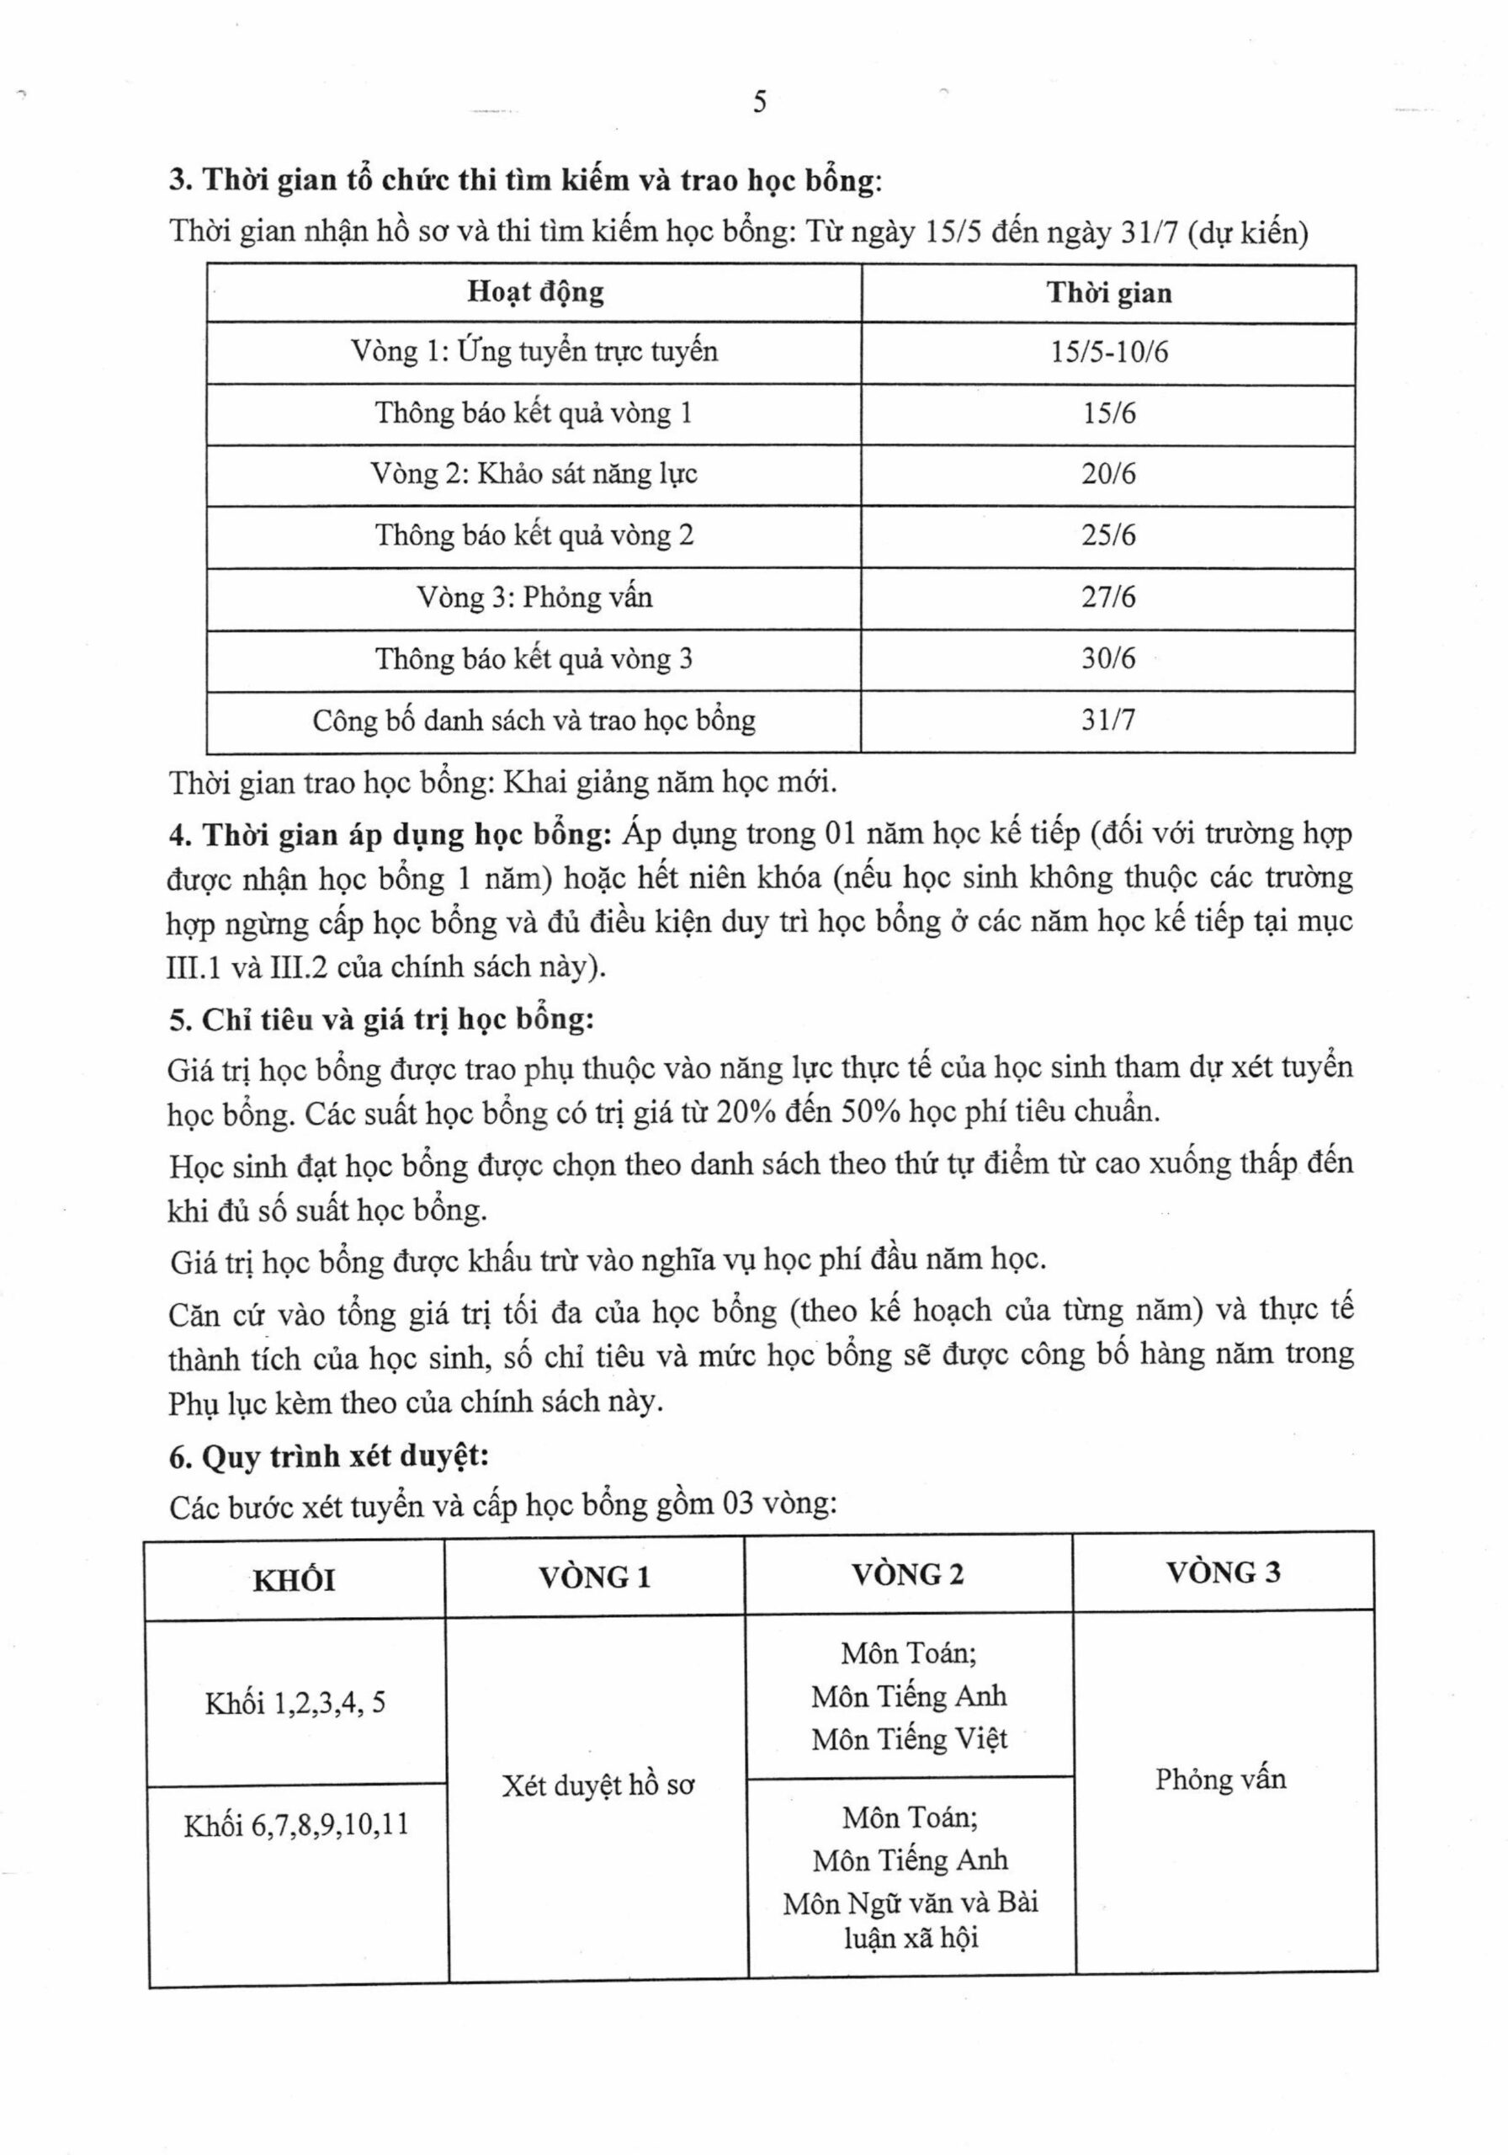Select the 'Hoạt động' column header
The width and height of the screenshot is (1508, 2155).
pyautogui.click(x=535, y=292)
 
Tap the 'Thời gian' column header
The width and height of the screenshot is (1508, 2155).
pyautogui.click(x=1109, y=294)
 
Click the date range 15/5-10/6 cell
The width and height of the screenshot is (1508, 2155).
pyautogui.click(x=1109, y=353)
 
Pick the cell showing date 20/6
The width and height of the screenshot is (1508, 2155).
pyautogui.click(x=1108, y=474)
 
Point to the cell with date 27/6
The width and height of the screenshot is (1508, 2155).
pyautogui.click(x=1108, y=597)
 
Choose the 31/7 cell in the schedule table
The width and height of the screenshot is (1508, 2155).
pyautogui.click(x=1108, y=720)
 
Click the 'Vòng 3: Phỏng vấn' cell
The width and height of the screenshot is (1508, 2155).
pyautogui.click(x=534, y=597)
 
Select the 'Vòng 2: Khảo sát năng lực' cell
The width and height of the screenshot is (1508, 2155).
pyautogui.click(x=534, y=473)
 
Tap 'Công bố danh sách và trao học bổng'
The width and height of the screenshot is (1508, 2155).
pyautogui.click(x=534, y=720)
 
